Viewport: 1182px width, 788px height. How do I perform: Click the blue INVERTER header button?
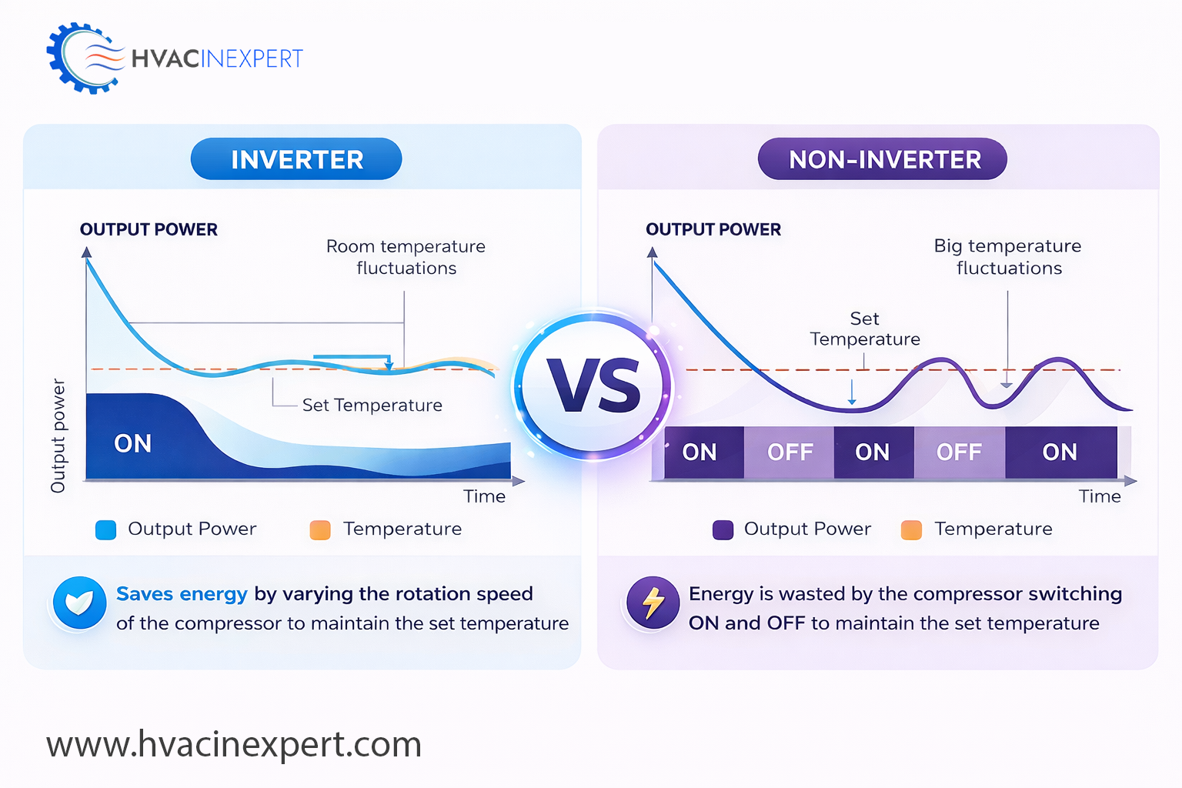(296, 159)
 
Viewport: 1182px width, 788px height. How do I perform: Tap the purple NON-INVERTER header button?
(883, 159)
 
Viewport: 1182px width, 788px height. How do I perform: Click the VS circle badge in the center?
(593, 386)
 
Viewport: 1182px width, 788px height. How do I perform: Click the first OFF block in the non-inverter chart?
(790, 452)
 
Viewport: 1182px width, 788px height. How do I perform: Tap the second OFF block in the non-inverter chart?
(959, 452)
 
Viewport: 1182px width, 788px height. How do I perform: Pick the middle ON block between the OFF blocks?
(873, 452)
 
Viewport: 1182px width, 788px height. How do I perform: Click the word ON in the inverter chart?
(133, 444)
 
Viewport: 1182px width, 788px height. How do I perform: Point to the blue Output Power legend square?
(105, 529)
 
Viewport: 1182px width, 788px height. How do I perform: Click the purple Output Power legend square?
(723, 529)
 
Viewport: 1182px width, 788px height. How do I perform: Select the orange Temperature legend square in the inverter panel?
(320, 529)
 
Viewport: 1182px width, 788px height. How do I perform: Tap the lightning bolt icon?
(653, 603)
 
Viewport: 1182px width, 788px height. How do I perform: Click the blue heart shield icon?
(79, 603)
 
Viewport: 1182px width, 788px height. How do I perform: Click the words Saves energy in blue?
(182, 594)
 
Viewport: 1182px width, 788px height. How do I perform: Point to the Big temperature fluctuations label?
(1008, 257)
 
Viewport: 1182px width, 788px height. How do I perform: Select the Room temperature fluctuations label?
(406, 257)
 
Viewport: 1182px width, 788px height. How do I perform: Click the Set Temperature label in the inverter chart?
(372, 406)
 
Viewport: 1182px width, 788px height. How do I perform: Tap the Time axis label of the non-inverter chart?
(1100, 496)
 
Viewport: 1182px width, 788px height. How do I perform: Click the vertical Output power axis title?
(58, 436)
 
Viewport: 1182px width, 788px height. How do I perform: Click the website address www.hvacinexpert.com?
(234, 744)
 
